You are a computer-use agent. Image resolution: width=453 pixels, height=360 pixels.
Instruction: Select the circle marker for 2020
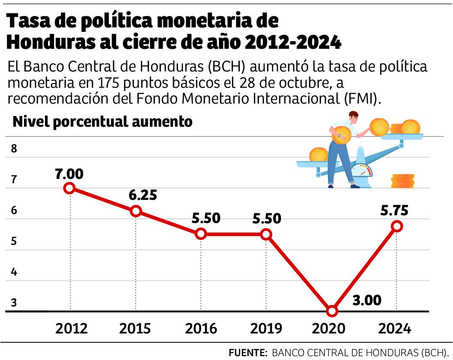[331, 311]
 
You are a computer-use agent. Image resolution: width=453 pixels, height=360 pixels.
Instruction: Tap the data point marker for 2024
[397, 226]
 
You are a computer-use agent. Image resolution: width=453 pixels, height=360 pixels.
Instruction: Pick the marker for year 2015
[136, 211]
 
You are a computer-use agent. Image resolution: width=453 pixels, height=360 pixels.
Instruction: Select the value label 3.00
[367, 300]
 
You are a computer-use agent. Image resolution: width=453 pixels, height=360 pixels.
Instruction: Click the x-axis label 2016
[201, 328]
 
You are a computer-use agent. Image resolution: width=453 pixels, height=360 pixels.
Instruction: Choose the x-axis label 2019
[266, 328]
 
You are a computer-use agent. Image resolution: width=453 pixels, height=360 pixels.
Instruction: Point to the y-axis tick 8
[14, 149]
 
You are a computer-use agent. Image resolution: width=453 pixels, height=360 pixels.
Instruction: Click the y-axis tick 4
[14, 272]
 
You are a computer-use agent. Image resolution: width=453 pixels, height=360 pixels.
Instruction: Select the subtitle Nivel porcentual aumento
[103, 122]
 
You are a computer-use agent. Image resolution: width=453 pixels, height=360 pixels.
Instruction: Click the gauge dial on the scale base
[362, 170]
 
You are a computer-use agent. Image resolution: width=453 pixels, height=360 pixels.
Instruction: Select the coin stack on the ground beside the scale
[402, 181]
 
